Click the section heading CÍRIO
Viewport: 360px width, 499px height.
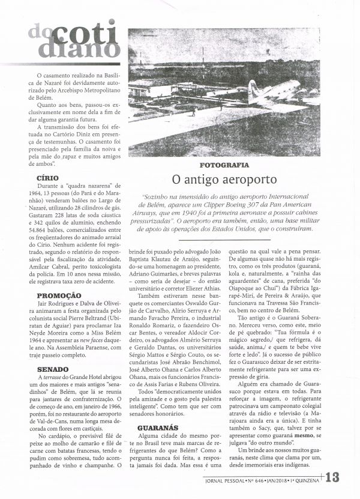tap(49, 178)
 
